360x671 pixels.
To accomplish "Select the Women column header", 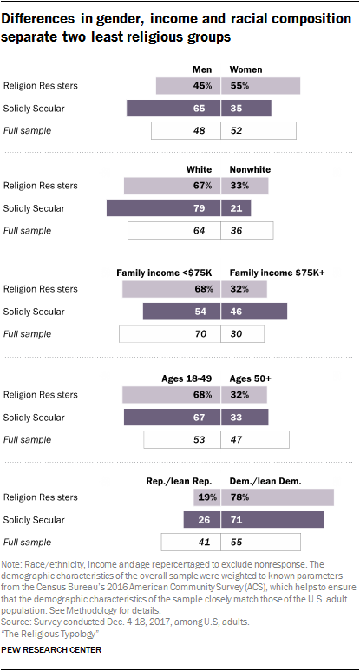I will point(246,69).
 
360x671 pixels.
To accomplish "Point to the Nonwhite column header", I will point(250,170).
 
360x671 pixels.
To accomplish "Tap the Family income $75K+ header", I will point(277,273).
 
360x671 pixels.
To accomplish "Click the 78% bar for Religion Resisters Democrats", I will point(278,497).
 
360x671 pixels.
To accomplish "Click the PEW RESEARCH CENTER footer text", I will point(53,649).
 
